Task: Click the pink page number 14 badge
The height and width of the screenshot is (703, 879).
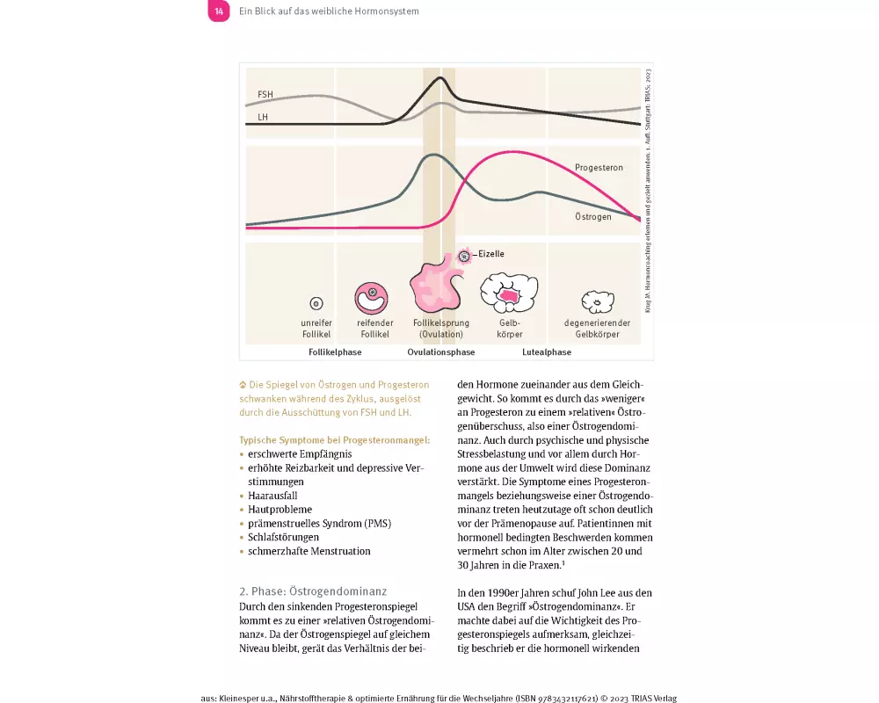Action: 219,11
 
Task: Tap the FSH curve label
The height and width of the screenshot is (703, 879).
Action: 265,94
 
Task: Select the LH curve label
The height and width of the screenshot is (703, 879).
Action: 263,116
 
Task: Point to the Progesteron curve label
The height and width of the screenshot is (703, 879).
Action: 599,167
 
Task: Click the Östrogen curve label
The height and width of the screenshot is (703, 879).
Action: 592,216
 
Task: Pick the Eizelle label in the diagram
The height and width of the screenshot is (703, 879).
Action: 490,254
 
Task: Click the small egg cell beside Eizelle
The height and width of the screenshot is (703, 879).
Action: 463,256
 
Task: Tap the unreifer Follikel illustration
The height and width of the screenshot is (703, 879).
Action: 316,303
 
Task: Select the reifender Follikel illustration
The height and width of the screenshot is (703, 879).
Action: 373,297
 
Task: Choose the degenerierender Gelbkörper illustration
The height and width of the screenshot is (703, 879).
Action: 597,302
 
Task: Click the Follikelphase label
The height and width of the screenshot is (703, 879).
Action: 335,352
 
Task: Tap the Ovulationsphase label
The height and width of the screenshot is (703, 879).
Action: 440,352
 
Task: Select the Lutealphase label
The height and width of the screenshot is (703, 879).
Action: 548,352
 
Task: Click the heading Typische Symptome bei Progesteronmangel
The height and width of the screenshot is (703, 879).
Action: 334,439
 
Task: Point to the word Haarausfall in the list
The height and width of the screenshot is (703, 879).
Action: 272,496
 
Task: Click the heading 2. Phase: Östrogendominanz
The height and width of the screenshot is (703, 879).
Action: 312,591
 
